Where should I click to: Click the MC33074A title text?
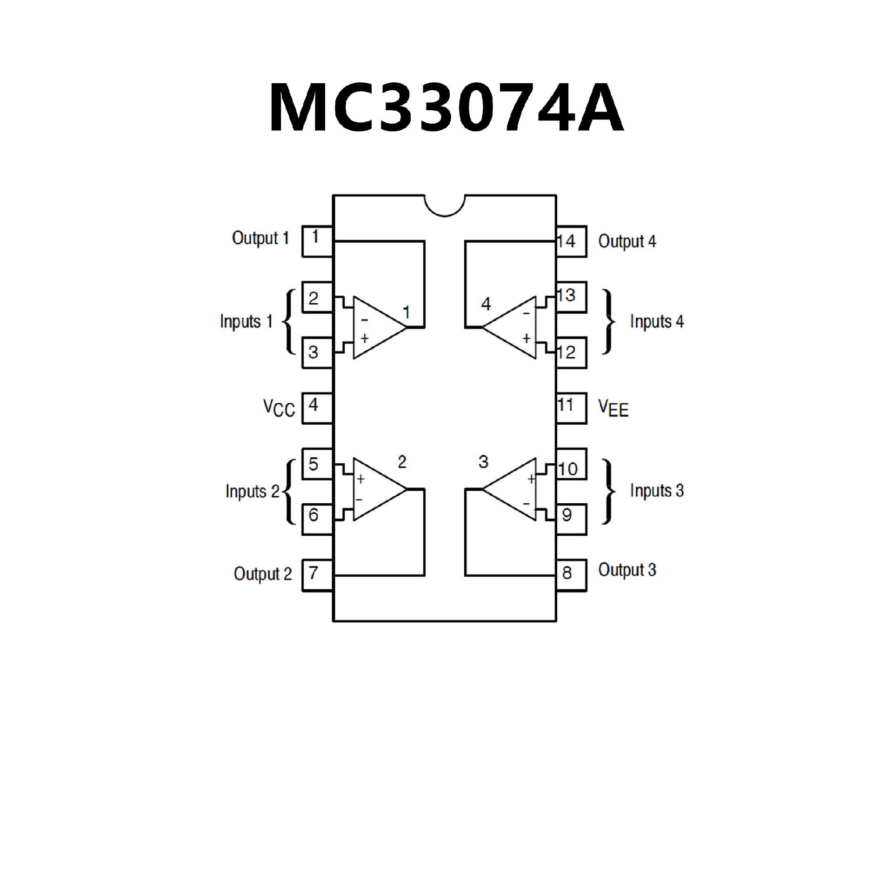tap(446, 108)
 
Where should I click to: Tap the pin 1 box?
tap(318, 241)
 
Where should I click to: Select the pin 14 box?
tap(571, 241)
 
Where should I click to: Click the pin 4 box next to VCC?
tap(318, 408)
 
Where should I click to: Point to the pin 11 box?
tap(571, 408)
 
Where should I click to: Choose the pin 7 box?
tap(318, 575)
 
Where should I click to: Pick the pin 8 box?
tap(571, 576)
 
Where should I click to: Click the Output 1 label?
tap(260, 238)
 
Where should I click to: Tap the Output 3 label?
tap(627, 570)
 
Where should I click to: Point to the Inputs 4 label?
tap(657, 321)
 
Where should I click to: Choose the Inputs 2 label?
tap(253, 491)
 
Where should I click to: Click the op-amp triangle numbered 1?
tap(377, 327)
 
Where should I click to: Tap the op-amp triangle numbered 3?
tap(512, 489)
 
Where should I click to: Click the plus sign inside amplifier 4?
tap(526, 338)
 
